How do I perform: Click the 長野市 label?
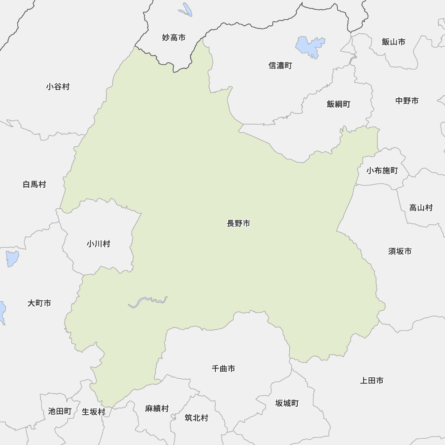click(239, 224)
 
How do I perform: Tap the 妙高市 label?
click(174, 38)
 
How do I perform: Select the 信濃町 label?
click(280, 66)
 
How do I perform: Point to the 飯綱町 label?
click(338, 104)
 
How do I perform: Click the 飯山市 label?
click(393, 42)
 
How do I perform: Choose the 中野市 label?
click(407, 101)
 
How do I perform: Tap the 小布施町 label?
click(382, 170)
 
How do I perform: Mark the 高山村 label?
click(421, 207)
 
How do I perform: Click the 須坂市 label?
click(400, 251)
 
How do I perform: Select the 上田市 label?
click(372, 380)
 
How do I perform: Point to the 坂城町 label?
click(287, 404)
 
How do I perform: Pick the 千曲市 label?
click(223, 368)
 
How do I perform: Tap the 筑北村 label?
click(196, 418)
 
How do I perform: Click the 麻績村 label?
click(157, 409)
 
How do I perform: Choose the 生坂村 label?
click(93, 412)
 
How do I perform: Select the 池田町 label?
click(60, 411)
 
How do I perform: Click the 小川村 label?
click(98, 244)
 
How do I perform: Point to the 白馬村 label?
click(34, 184)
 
